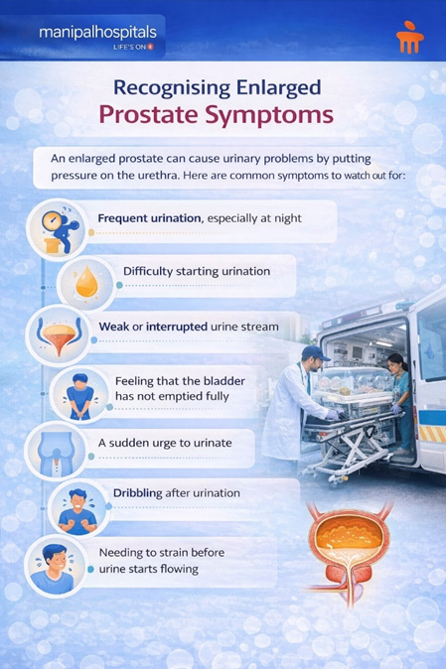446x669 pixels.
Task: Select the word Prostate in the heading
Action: point(170,115)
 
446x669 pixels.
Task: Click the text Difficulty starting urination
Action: point(196,271)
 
